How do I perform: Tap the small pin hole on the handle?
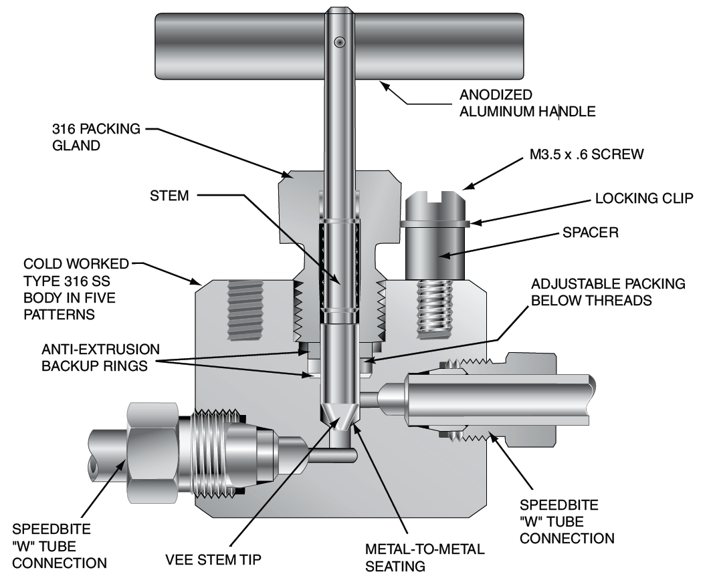340,43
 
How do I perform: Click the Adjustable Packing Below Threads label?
607,291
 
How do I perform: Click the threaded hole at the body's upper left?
246,301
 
